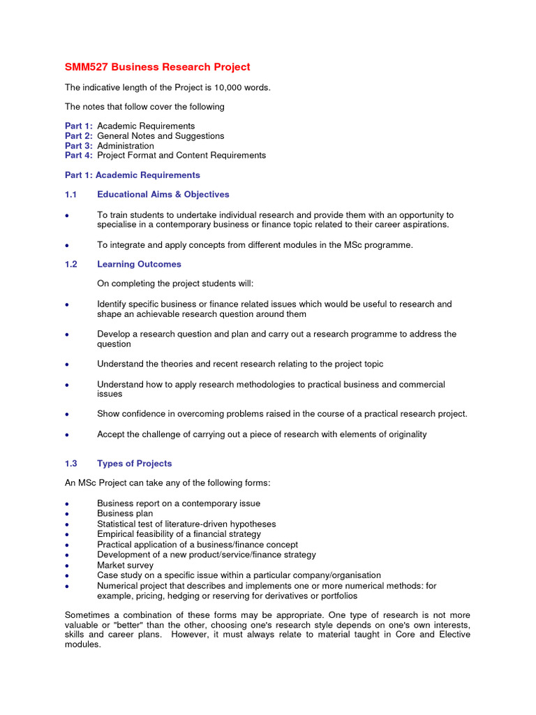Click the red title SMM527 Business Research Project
tap(157, 67)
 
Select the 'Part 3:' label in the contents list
tap(78, 146)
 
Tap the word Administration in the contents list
tap(126, 146)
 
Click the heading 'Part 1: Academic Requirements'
tap(133, 175)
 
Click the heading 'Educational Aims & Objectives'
tap(163, 195)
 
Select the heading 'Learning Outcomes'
tap(139, 265)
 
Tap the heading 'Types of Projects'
tap(134, 464)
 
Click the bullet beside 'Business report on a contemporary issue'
tap(66, 504)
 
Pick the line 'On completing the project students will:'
tap(175, 284)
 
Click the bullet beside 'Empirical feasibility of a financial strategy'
tap(66, 535)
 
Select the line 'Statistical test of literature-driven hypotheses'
tap(186, 524)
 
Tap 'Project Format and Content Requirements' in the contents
tap(181, 156)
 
